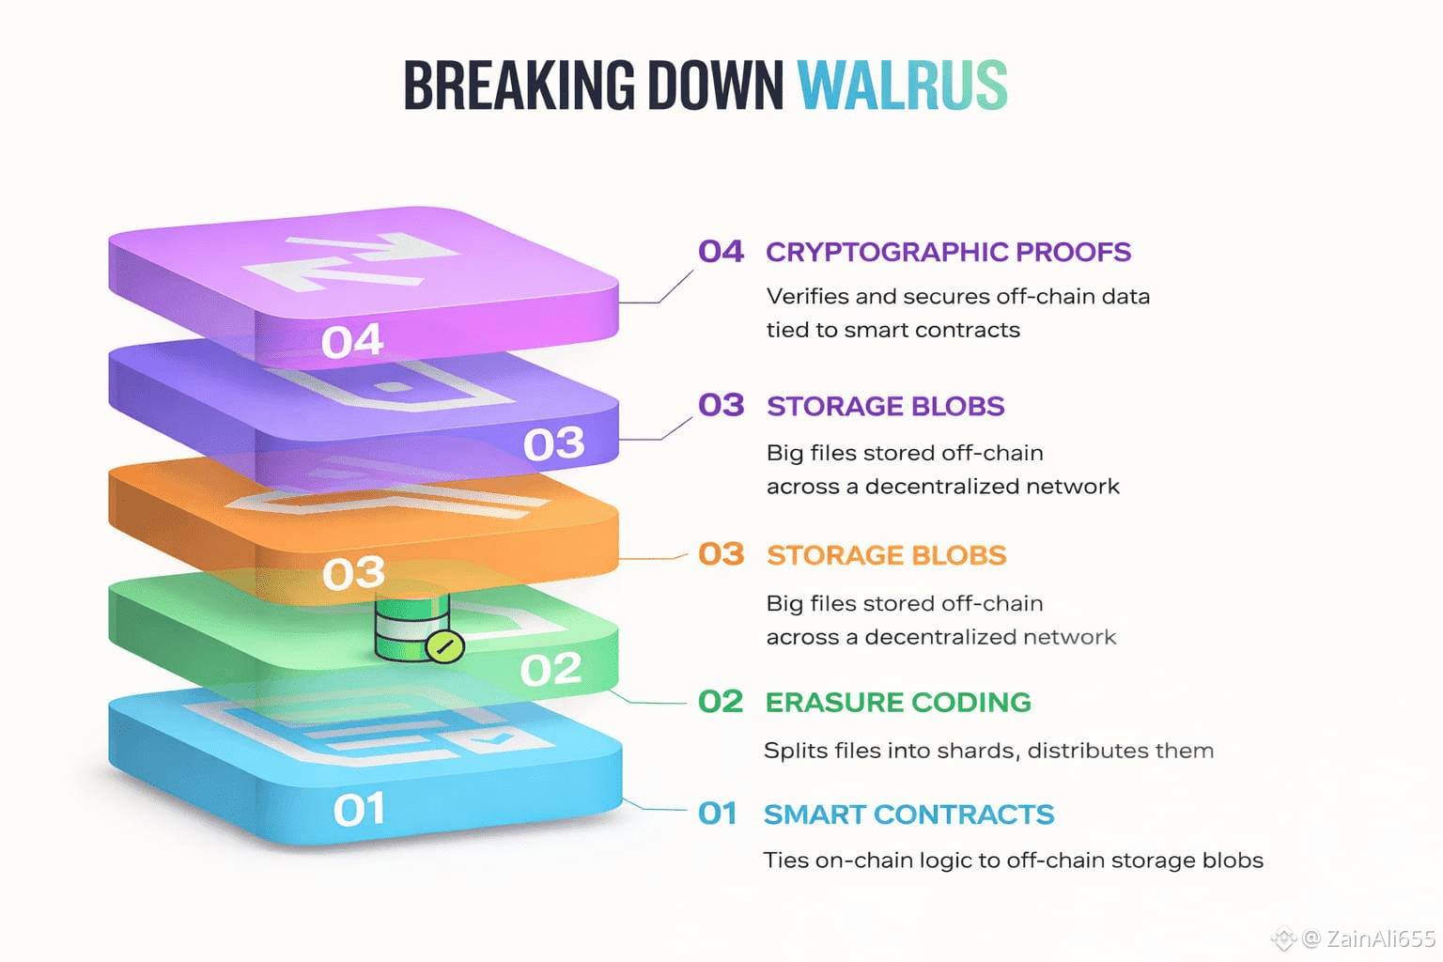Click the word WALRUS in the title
click(x=902, y=86)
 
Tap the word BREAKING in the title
click(x=520, y=86)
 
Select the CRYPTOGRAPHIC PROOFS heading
click(x=948, y=252)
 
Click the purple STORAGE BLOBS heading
click(x=885, y=406)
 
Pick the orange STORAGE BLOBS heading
click(x=886, y=555)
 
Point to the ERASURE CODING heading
click(x=898, y=703)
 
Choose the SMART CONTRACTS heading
click(x=908, y=815)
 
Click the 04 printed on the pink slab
click(x=352, y=342)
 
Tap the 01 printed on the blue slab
click(x=359, y=810)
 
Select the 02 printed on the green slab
click(x=551, y=670)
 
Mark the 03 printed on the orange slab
click(x=353, y=573)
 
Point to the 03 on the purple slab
click(x=554, y=443)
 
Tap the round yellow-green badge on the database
click(x=444, y=646)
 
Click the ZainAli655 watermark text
click(x=1380, y=938)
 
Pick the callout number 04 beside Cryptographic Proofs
click(x=721, y=252)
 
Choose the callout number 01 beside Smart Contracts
click(x=718, y=814)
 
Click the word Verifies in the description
click(x=807, y=297)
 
